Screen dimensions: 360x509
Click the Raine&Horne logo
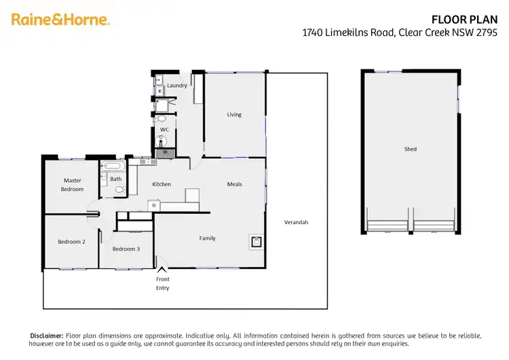[x=60, y=20]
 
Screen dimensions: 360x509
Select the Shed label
[x=410, y=149]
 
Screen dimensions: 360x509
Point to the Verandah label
[x=296, y=222]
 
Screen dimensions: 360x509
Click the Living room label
[x=234, y=115]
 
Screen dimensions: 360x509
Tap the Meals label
[x=235, y=184]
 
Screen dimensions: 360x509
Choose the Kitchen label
[x=162, y=184]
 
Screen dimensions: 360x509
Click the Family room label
[x=207, y=238]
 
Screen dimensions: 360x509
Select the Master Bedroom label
[x=73, y=185]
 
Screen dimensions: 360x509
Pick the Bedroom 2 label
[x=71, y=241]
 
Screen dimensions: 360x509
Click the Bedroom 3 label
[x=126, y=249]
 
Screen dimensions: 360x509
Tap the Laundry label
[x=177, y=86]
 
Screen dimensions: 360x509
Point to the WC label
[x=164, y=130]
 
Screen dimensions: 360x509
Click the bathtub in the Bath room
[x=113, y=166]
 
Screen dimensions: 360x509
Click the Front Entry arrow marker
[x=162, y=270]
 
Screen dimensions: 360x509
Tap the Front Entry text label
[x=162, y=283]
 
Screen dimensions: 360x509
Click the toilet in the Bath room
[x=119, y=190]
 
